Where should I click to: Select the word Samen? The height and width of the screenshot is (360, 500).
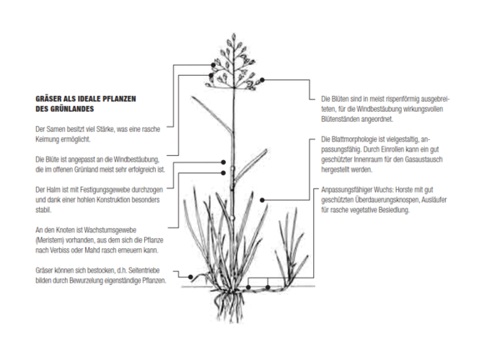point(56,129)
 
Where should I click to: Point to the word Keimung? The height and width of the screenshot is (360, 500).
point(47,139)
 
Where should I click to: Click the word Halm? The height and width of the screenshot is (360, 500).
point(53,190)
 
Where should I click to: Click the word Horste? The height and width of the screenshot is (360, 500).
point(404,190)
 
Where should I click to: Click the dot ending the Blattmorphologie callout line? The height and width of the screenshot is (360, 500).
point(262,200)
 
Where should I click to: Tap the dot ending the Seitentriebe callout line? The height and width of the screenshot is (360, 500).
point(191,277)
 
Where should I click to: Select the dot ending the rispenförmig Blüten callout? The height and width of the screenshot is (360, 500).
point(262,80)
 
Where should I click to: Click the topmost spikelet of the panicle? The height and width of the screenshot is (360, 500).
point(233,37)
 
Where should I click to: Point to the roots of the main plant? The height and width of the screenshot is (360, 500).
point(229,304)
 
